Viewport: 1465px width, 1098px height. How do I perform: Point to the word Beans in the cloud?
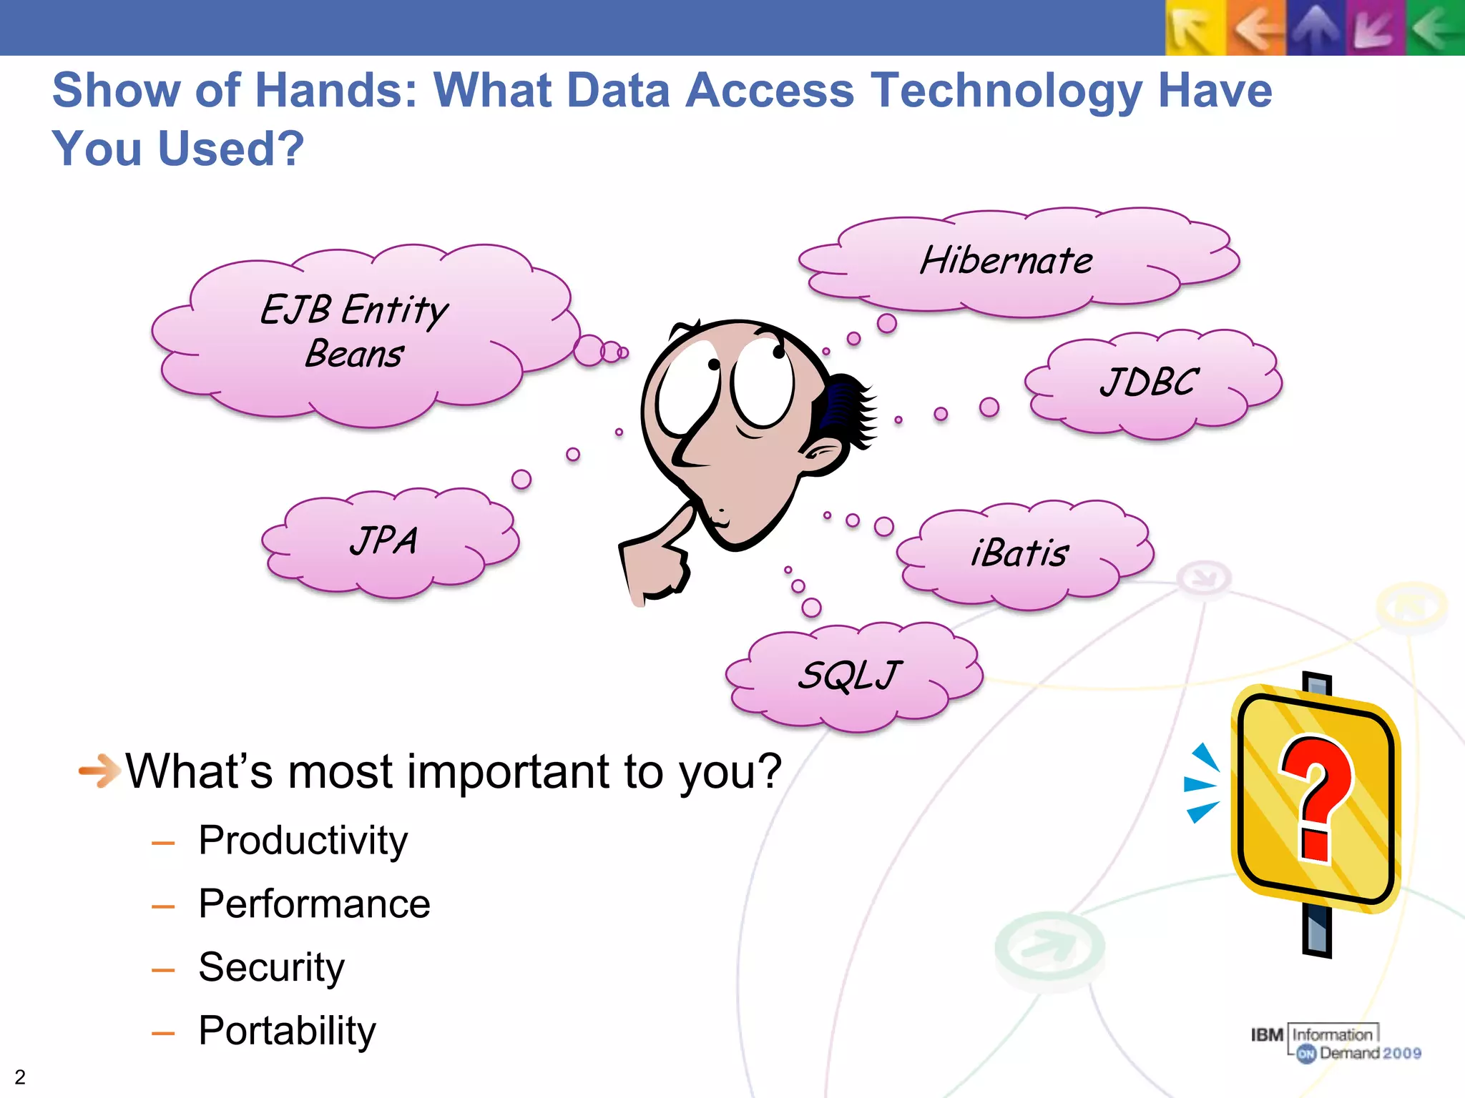click(354, 355)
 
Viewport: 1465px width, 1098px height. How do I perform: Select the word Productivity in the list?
click(303, 841)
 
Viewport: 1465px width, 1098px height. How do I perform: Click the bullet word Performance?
click(314, 904)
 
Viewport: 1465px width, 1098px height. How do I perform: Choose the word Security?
click(271, 968)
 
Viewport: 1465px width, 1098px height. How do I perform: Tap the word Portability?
click(287, 1032)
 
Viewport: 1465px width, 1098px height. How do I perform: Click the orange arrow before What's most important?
click(99, 771)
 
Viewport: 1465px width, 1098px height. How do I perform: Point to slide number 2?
click(20, 1077)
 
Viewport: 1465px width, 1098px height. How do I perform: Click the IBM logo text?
click(1267, 1035)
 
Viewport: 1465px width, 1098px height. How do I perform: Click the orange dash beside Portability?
click(163, 1034)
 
